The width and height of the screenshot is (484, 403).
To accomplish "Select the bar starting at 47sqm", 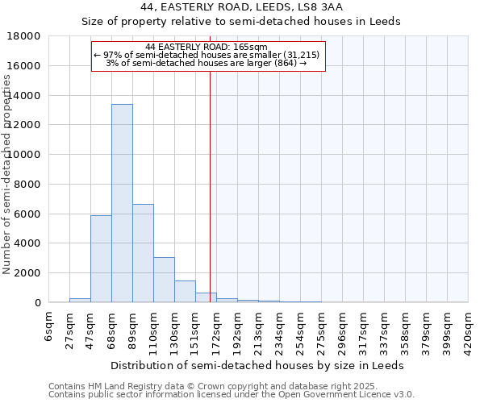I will (101, 259).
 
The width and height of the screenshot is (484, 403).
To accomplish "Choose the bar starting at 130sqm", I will (185, 291).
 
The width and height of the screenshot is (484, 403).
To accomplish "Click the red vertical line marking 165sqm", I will (210, 185).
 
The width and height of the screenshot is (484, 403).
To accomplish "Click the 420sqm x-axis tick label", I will (469, 331).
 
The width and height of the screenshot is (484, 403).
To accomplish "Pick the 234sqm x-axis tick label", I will (280, 331).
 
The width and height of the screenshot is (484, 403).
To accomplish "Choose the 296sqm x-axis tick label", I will (343, 331).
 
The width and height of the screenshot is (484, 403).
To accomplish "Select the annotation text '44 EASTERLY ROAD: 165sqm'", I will (207, 47).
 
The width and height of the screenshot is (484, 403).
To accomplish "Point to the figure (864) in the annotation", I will (285, 63).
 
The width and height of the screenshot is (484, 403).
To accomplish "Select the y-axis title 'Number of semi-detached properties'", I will (7, 173).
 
